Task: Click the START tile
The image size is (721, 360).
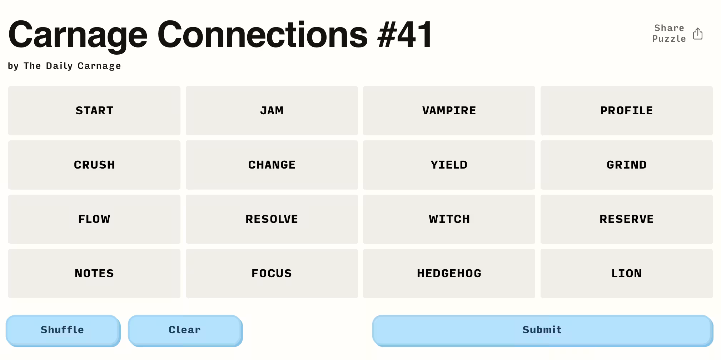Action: [94, 111]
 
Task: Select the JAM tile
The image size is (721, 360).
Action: [272, 111]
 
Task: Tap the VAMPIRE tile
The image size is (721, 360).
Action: [449, 111]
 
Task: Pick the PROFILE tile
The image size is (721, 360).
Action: [627, 111]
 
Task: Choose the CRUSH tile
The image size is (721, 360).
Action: [94, 165]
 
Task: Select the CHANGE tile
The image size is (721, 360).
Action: [272, 165]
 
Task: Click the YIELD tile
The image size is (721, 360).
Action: [449, 165]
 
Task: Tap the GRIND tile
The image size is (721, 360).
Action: [627, 165]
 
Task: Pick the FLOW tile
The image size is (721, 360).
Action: [94, 219]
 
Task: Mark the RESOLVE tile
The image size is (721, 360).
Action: [272, 219]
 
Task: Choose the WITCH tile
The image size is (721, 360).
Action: [449, 219]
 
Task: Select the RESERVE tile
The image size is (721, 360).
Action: [627, 219]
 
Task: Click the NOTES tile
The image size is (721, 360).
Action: [94, 274]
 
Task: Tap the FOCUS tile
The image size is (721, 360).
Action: [272, 274]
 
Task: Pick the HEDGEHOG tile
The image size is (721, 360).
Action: [449, 274]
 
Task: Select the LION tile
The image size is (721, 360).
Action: [627, 274]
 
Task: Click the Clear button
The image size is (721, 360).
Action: [185, 330]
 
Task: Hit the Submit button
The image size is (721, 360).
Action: [542, 330]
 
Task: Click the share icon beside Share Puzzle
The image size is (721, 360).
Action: [698, 34]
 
